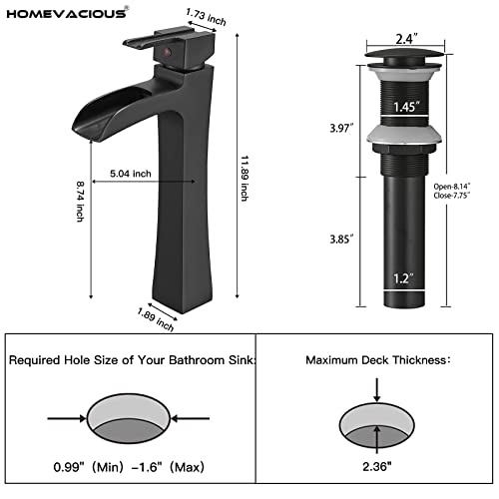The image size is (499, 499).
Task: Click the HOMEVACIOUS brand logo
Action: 65,13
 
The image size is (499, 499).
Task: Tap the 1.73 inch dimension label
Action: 207,18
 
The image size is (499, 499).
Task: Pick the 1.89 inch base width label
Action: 157,318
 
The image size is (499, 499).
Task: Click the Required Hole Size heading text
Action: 131,359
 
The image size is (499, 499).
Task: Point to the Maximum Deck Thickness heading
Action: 378,359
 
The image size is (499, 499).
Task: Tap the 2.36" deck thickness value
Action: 377,464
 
